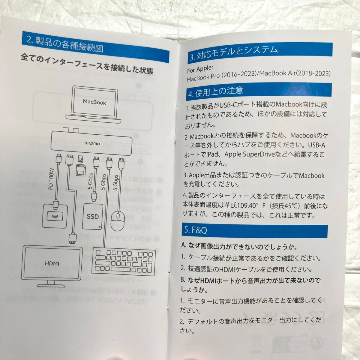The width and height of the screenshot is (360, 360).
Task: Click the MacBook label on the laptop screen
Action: coord(94,102)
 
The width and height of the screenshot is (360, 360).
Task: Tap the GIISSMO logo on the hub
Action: coord(92,143)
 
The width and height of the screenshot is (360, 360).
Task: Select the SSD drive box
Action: coord(93,217)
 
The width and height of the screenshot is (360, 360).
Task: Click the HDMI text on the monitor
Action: coord(52,263)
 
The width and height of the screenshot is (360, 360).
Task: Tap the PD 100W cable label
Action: coord(51,179)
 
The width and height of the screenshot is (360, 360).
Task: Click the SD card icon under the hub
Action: coord(81,170)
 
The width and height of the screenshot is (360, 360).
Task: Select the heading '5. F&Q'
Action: coord(195,230)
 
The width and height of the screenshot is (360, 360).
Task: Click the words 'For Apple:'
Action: coord(200,69)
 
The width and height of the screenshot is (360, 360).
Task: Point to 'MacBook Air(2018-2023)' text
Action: coord(295,73)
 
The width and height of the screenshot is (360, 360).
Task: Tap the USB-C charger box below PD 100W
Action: coord(55,216)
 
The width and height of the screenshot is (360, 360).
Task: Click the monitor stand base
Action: coord(51,286)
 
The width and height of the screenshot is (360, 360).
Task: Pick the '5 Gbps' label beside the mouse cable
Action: coord(115,182)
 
